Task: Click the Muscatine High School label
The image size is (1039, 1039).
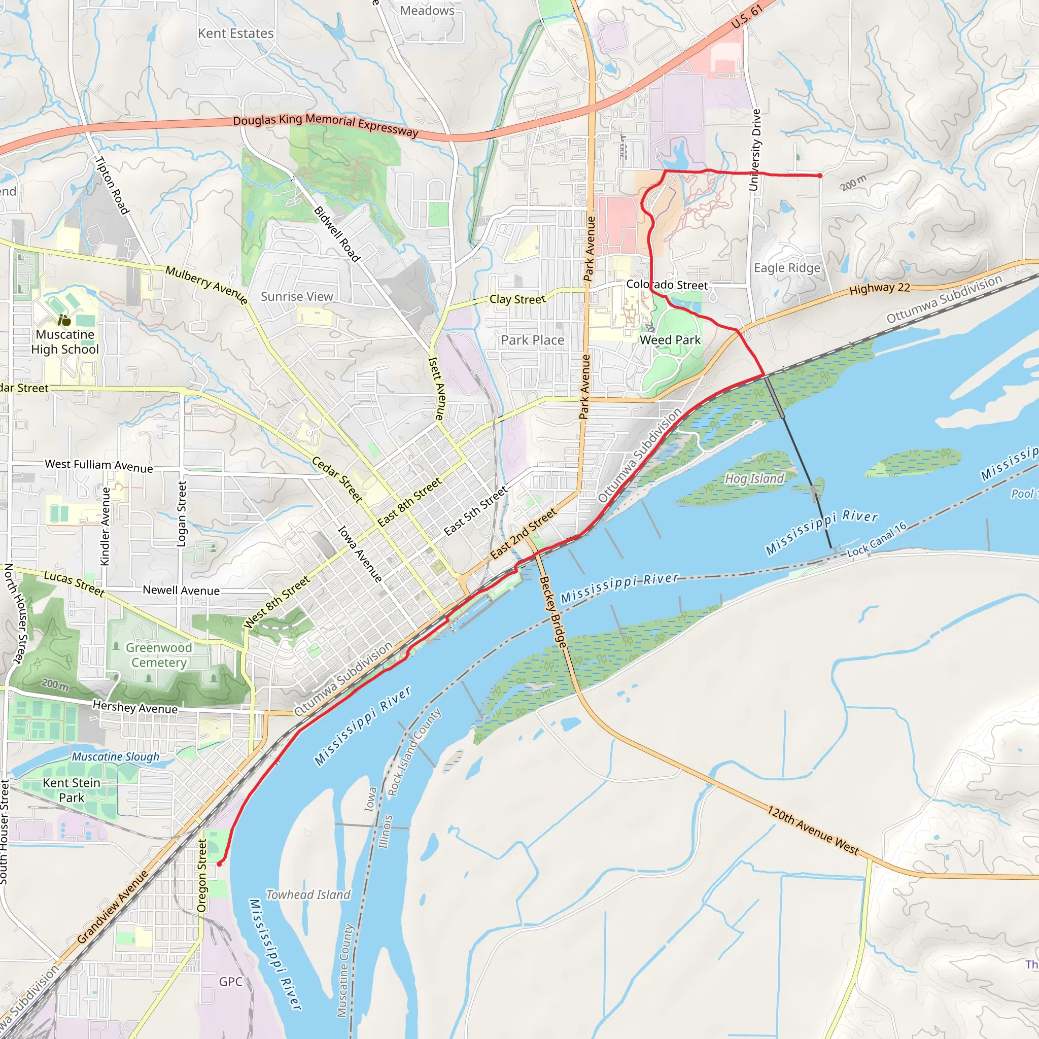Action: click(65, 341)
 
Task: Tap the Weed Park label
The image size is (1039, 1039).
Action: click(670, 340)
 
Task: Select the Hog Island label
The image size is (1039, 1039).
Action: click(754, 478)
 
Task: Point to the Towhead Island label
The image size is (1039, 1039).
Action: click(308, 894)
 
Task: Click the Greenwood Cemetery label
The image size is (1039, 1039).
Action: click(159, 654)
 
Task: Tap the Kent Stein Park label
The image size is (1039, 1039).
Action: click(72, 790)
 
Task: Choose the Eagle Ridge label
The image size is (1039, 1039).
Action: click(787, 268)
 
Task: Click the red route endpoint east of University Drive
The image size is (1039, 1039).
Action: click(820, 176)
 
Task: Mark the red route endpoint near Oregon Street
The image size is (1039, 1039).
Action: click(219, 863)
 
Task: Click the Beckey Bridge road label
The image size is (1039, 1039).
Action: click(553, 611)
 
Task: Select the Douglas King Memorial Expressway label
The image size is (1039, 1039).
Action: click(325, 125)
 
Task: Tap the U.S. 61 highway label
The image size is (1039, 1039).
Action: click(747, 17)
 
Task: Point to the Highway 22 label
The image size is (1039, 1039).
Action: click(879, 288)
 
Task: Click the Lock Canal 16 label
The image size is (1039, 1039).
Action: click(877, 539)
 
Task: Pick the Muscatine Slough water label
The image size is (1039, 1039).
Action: click(116, 756)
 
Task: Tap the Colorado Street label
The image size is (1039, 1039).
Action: click(667, 285)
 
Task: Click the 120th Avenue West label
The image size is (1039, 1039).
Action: click(813, 830)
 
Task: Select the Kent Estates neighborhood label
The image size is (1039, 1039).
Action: click(235, 33)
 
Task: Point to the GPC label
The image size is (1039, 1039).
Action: click(230, 982)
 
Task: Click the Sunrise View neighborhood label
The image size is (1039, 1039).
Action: click(297, 296)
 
